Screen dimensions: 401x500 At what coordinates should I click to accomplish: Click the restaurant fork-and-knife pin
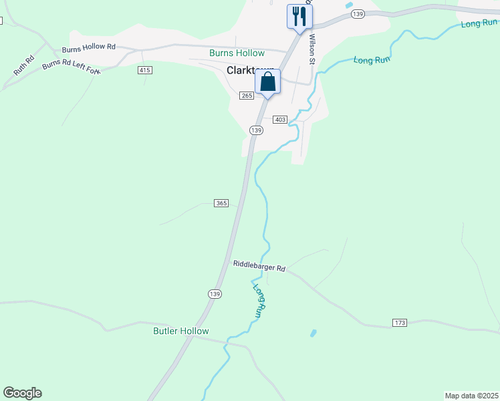pyautogui.click(x=299, y=16)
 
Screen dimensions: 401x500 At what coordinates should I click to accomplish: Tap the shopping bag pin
pyautogui.click(x=267, y=83)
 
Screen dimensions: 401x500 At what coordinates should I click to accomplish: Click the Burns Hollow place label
pyautogui.click(x=237, y=53)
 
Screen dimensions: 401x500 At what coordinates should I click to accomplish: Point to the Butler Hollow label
pyautogui.click(x=180, y=331)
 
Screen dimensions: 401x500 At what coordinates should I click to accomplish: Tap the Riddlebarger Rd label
pyautogui.click(x=259, y=266)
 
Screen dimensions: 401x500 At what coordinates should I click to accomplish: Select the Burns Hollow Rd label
pyautogui.click(x=89, y=48)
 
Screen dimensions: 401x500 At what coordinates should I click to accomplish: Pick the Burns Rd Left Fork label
pyautogui.click(x=71, y=66)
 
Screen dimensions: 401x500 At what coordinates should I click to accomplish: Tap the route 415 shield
pyautogui.click(x=145, y=70)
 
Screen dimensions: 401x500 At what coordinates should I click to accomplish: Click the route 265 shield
pyautogui.click(x=247, y=96)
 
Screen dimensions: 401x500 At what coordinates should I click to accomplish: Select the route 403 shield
pyautogui.click(x=280, y=119)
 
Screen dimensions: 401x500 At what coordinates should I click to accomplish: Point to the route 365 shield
pyautogui.click(x=222, y=203)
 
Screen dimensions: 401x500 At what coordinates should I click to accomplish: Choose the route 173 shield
pyautogui.click(x=399, y=323)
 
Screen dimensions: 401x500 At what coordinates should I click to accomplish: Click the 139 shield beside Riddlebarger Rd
pyautogui.click(x=214, y=293)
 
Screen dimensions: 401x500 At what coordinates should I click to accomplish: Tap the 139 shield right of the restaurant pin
pyautogui.click(x=358, y=14)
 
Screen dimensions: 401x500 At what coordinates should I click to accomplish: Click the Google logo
pyautogui.click(x=22, y=393)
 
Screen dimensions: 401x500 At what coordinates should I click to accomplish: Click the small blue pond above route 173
pyautogui.click(x=313, y=332)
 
